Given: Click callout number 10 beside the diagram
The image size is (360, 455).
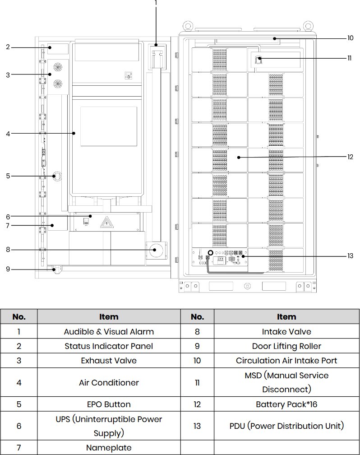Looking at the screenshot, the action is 350,38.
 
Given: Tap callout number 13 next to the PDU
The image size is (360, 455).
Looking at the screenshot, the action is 350,256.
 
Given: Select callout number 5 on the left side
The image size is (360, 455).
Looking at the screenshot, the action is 8,176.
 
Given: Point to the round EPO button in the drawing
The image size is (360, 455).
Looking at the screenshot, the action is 57,176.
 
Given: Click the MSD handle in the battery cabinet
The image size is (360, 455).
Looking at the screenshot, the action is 257,60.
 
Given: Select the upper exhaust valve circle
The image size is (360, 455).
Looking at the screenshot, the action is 58,67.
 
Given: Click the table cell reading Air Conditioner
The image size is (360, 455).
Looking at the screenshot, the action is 109,382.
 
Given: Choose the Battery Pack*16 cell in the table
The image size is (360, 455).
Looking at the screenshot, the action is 286,404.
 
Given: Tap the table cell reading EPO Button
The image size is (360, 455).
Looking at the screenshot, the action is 109,404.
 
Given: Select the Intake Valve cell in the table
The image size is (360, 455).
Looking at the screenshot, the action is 286,332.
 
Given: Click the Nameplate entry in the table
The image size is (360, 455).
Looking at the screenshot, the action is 109,448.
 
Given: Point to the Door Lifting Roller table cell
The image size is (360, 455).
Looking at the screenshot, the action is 286,346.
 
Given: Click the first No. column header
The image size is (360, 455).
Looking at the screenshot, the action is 19,316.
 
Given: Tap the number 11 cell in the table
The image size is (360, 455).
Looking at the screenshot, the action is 197,382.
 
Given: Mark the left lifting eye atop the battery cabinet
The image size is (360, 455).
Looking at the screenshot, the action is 188,26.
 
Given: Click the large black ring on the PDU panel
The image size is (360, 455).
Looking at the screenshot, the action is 211,253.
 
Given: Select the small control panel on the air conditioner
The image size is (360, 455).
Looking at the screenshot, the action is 128,75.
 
